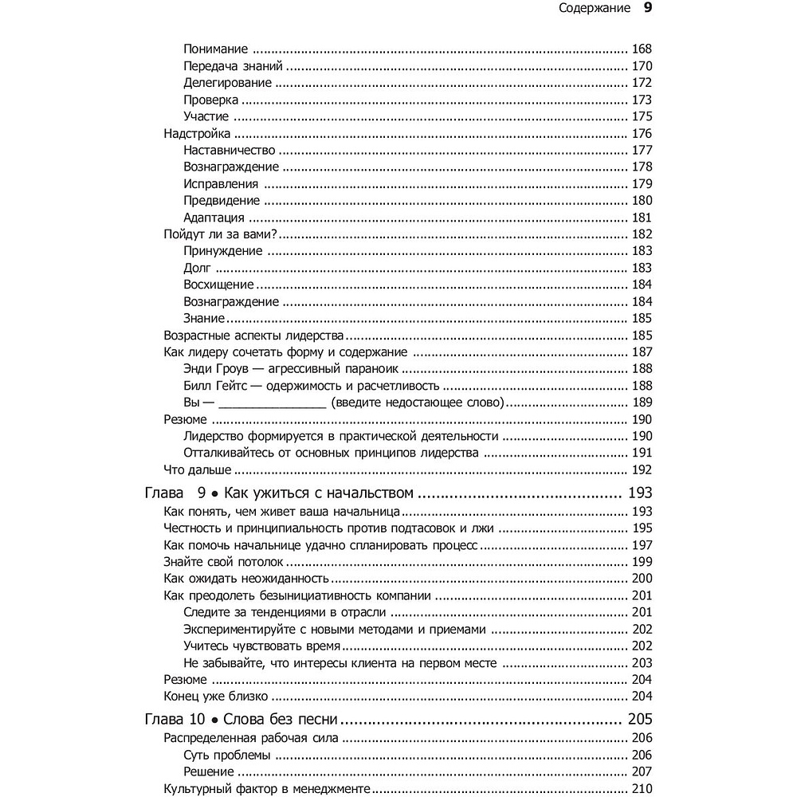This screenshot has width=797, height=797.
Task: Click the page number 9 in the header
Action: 648,10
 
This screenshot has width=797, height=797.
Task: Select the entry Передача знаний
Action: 233,66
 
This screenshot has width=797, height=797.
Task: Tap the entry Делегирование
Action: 227,83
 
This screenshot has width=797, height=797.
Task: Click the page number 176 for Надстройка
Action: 641,133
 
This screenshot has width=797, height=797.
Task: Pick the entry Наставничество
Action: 229,150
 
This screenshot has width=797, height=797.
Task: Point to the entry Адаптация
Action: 213,218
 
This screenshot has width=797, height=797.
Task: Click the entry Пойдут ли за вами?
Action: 225,234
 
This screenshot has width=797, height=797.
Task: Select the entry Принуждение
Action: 222,251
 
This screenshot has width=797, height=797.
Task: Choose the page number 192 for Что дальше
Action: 641,469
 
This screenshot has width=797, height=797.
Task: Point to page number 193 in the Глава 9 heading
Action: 639,493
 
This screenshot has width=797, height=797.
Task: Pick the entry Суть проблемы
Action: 226,755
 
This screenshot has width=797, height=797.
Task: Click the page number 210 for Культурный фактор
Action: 641,789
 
